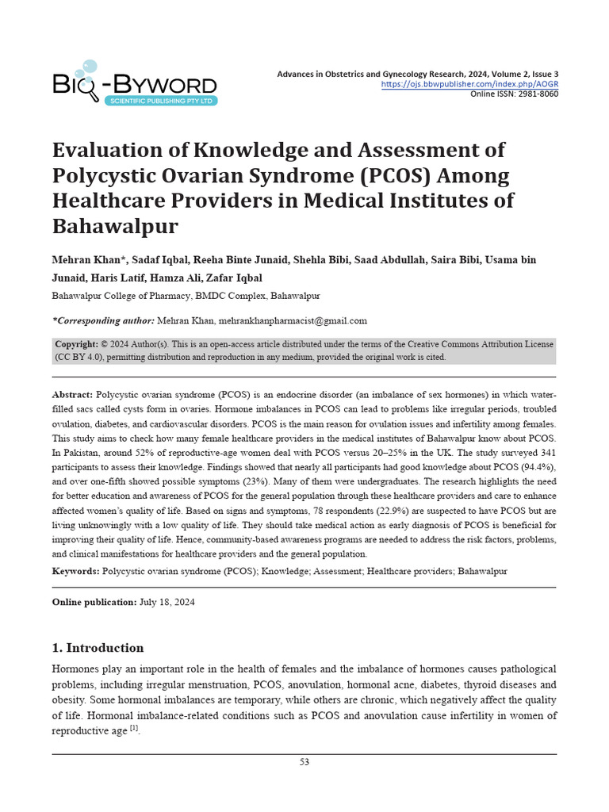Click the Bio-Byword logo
click(x=135, y=82)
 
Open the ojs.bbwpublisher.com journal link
click(x=469, y=84)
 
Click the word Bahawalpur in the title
click(x=115, y=226)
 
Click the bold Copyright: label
click(x=76, y=344)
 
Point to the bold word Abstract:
click(x=72, y=394)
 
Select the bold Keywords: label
click(x=75, y=571)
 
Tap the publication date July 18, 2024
click(x=167, y=603)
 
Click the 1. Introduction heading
click(x=98, y=648)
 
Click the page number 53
click(x=304, y=762)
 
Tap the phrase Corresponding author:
click(x=103, y=320)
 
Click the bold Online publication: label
click(x=94, y=603)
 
